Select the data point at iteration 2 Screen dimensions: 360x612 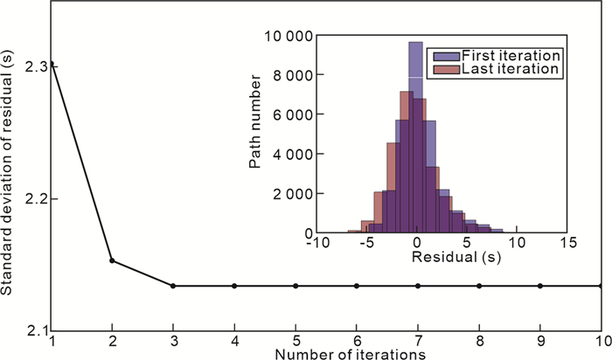pos(112,260)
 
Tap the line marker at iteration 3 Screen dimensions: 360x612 pos(173,286)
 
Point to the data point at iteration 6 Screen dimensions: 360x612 pos(357,286)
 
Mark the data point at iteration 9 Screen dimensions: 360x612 pos(540,286)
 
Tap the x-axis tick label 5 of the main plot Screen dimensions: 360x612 pos(296,340)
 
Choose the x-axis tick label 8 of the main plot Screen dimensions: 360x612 pos(479,340)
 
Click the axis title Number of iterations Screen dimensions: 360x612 pos(350,354)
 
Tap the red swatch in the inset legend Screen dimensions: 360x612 pos(436,67)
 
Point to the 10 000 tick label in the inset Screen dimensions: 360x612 pos(286,36)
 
